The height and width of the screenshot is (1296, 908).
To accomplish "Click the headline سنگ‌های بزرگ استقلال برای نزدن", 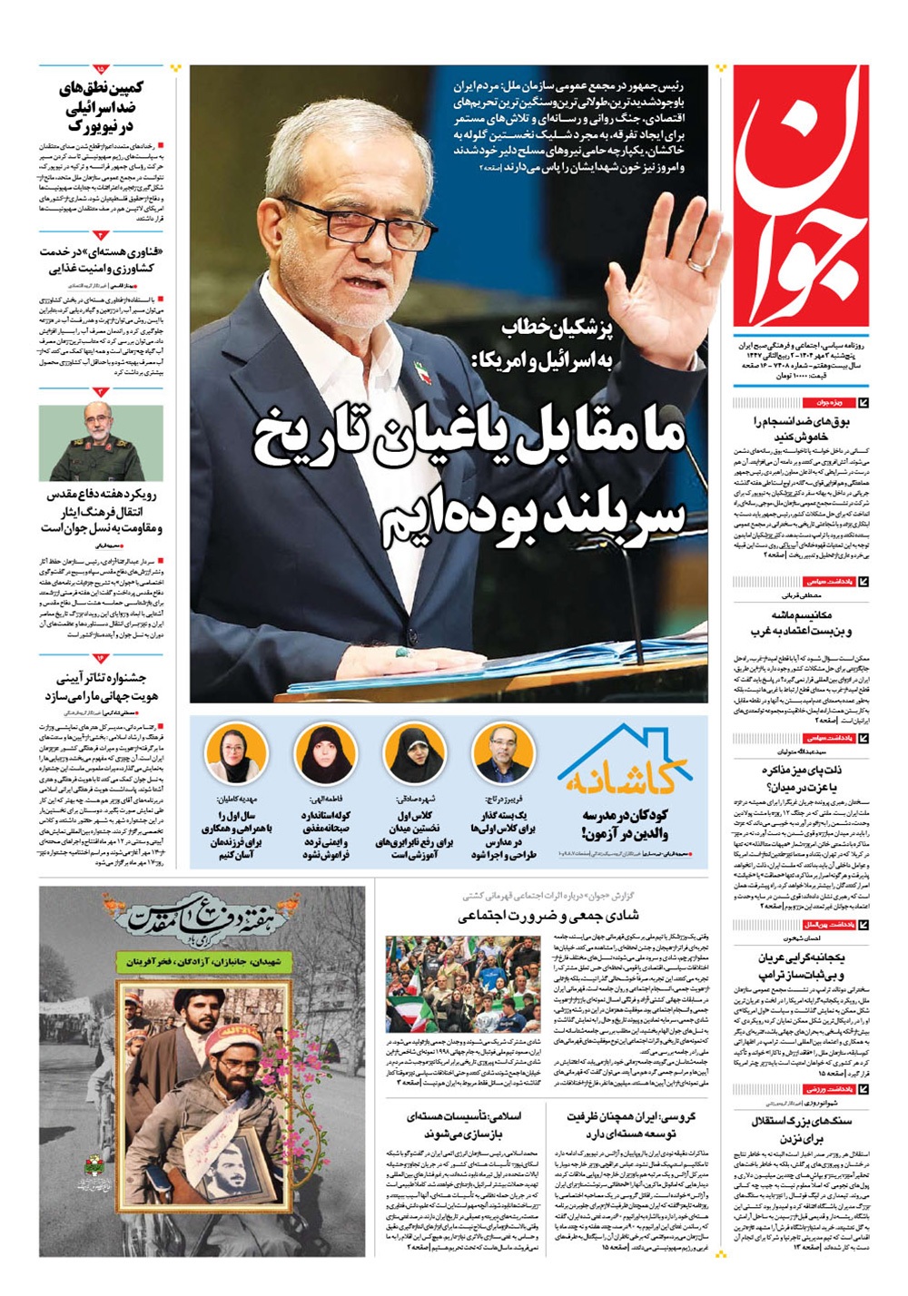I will pyautogui.click(x=801, y=1129).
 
